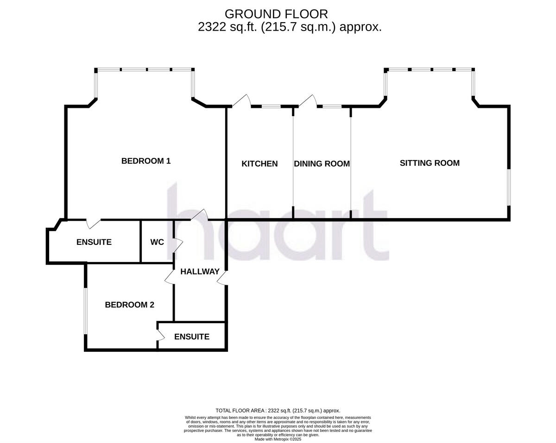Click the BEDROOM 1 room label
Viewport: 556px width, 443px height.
[x=146, y=161]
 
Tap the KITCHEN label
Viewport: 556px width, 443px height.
[x=259, y=163]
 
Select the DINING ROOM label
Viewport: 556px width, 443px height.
[x=322, y=163]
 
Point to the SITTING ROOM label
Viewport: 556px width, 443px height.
[x=430, y=163]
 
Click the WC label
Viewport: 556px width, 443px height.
[x=157, y=242]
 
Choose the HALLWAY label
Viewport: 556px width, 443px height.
[x=200, y=272]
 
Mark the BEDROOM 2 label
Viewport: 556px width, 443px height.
[x=129, y=305]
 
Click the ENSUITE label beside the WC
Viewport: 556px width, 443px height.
[x=94, y=242]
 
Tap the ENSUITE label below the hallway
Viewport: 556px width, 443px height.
[x=192, y=337]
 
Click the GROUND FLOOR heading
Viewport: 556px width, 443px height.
[x=276, y=14]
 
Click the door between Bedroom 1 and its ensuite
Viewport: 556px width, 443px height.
[x=94, y=223]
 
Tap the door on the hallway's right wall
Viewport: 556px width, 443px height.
[x=222, y=278]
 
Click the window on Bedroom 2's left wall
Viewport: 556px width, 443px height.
[x=85, y=310]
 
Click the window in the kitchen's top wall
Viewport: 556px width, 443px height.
[x=271, y=106]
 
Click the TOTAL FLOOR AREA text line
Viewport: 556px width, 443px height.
[x=278, y=411]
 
